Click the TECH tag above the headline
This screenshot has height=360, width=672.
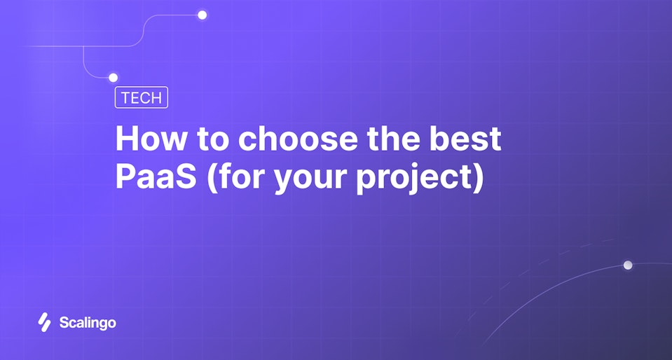141,98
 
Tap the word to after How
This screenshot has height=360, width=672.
210,139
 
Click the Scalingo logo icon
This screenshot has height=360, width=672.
44,322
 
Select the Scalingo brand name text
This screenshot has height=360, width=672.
88,323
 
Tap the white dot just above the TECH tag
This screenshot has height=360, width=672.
113,78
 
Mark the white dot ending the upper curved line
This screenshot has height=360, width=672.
202,15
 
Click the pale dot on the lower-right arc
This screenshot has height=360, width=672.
628,265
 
